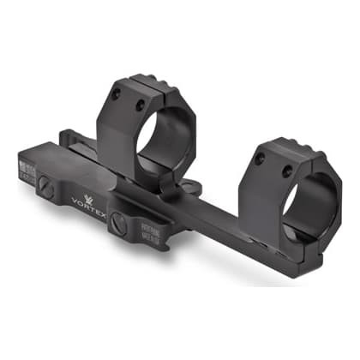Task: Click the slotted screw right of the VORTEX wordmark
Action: coord(120,225)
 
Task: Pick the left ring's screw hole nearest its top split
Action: coord(139,105)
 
